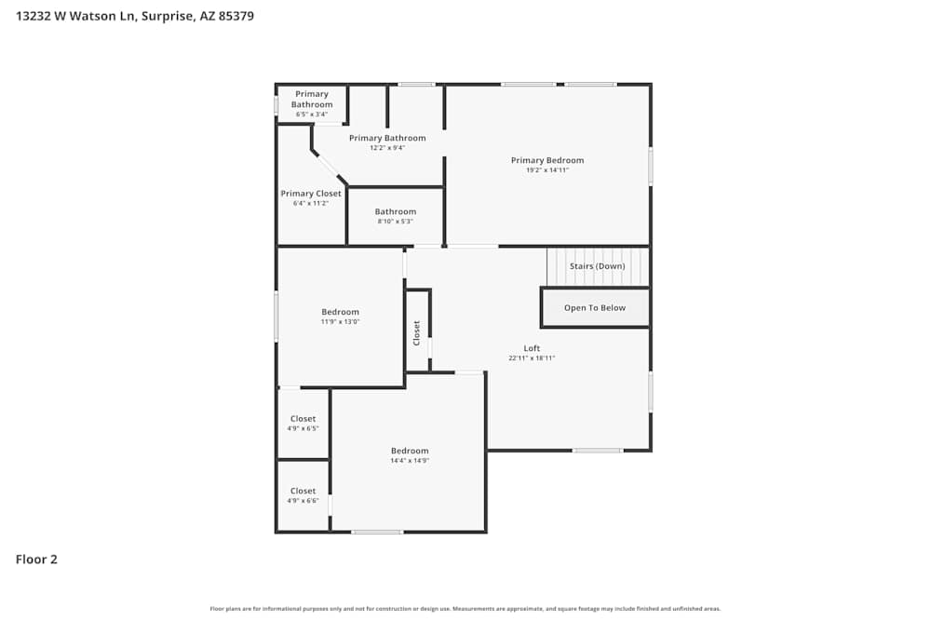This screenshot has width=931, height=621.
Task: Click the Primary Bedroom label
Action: click(x=546, y=160)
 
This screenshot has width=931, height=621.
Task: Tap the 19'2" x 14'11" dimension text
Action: click(x=546, y=170)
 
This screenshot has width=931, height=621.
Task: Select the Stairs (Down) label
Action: click(x=597, y=266)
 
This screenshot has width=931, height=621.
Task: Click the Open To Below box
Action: click(x=595, y=308)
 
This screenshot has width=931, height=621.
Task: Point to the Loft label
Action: click(x=532, y=348)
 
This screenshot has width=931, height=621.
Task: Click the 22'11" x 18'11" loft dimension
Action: click(x=532, y=358)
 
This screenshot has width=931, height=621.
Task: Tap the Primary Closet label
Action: click(x=311, y=194)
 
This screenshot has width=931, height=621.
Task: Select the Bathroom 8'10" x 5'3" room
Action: click(x=395, y=216)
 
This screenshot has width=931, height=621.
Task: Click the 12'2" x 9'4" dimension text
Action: click(x=387, y=148)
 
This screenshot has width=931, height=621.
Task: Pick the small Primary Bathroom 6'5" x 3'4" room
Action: click(x=311, y=103)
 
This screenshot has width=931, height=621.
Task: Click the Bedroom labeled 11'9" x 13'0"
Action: click(x=340, y=317)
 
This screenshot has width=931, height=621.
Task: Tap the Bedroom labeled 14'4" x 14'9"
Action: click(x=410, y=455)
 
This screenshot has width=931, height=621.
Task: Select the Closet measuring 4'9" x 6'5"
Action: click(x=303, y=424)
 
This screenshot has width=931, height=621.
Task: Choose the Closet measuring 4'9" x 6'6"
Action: click(x=303, y=495)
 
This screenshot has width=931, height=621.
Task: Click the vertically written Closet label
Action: click(x=417, y=332)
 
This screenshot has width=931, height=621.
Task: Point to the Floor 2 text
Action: click(x=36, y=560)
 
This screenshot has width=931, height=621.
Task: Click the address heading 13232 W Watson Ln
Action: click(x=135, y=16)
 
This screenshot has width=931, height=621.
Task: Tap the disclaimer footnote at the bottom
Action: click(x=465, y=609)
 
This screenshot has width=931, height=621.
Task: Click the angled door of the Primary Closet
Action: click(x=328, y=167)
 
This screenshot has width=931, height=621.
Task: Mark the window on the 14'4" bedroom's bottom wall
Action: click(x=377, y=532)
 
